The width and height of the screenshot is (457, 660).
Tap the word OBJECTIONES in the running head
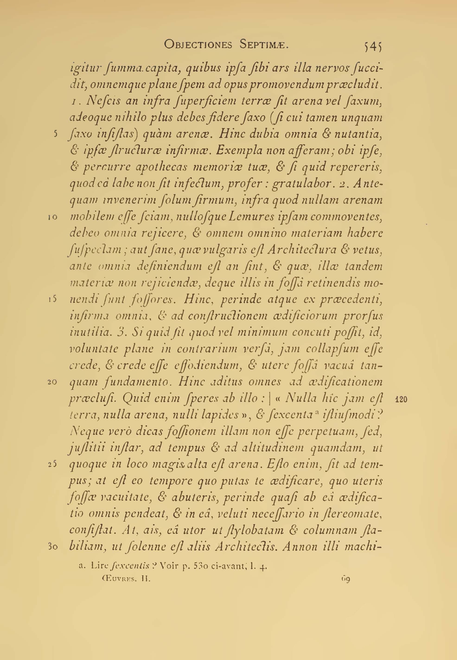198,45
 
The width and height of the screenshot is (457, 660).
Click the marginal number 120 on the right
401,399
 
